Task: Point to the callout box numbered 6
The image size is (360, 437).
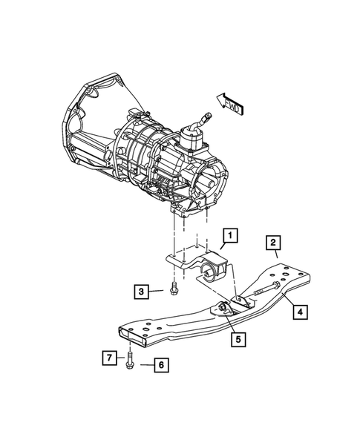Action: point(158,364)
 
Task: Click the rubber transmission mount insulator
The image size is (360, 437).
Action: point(213,265)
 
